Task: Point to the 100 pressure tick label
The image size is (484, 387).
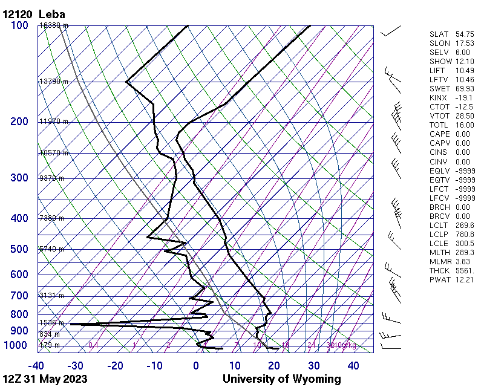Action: pyautogui.click(x=19, y=25)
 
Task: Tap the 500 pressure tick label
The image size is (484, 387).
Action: pyautogui.click(x=19, y=249)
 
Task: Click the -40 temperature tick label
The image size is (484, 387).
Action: pyautogui.click(x=36, y=366)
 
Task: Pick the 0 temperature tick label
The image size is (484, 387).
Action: pyautogui.click(x=196, y=366)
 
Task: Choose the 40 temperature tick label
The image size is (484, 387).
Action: pyautogui.click(x=353, y=366)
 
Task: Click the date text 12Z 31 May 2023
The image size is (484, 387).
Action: pyautogui.click(x=45, y=379)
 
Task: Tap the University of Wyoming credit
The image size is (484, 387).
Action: pyautogui.click(x=281, y=379)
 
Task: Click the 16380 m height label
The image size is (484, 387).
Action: pyautogui.click(x=54, y=25)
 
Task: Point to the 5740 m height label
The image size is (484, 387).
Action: pyautogui.click(x=51, y=249)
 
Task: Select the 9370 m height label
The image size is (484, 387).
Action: pyautogui.click(x=51, y=178)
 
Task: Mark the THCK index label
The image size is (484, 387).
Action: pyautogui.click(x=438, y=271)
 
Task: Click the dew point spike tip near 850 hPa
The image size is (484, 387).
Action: pyautogui.click(x=71, y=324)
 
